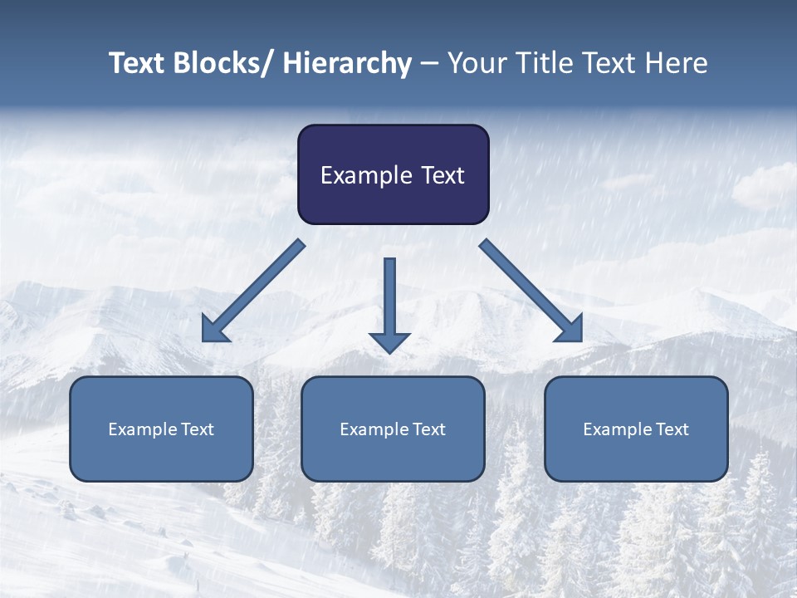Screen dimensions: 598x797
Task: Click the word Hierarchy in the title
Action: coord(347,64)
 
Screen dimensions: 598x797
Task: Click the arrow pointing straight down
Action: coord(389,299)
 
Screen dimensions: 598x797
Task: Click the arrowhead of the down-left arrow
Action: coord(213,331)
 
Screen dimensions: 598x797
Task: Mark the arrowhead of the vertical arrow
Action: coord(389,341)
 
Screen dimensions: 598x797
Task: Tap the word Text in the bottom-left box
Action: coord(198,429)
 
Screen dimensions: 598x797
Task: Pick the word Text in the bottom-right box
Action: coord(672,429)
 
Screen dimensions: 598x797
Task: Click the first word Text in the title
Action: coord(138,64)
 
